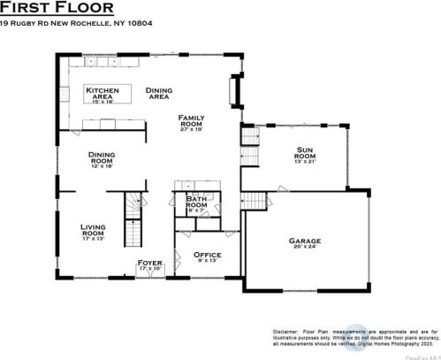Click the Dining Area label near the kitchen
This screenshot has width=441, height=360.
(158, 93)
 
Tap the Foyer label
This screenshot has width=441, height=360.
(149, 264)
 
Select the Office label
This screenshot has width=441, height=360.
(207, 256)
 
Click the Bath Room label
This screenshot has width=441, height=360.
(196, 202)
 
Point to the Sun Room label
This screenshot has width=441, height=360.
(305, 156)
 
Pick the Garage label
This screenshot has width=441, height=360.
(304, 241)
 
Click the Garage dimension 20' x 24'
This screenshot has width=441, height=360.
(304, 248)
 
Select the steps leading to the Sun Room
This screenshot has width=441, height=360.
(250, 137)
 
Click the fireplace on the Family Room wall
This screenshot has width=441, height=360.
(234, 91)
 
